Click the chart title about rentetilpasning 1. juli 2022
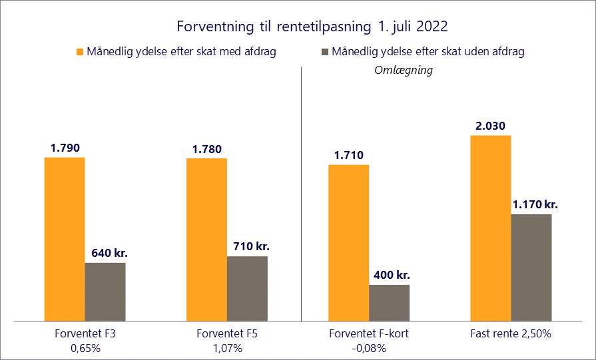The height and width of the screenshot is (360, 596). coord(312,27)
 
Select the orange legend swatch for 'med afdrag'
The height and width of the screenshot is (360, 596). coord(79,52)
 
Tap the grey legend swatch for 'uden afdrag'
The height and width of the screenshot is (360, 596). coord(325,52)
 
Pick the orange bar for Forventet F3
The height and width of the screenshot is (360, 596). coord(65,239)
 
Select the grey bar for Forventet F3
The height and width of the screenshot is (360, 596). coord(105,292)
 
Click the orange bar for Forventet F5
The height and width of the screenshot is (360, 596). coord(206,240)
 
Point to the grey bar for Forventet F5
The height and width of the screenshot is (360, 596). coord(247,289)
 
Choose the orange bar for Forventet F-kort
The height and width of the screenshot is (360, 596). coord(349,243)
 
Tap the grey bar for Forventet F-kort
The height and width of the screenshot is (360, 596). coord(390,303)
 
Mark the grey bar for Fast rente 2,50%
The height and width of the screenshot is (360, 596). coord(531,268)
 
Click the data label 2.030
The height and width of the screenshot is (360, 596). coord(491,126)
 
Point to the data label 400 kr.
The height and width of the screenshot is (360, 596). coord(390,275)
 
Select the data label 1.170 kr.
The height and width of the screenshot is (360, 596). coord(535,204)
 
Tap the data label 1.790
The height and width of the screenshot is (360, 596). coord(65,148)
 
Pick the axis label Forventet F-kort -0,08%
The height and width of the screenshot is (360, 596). coord(369,340)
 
